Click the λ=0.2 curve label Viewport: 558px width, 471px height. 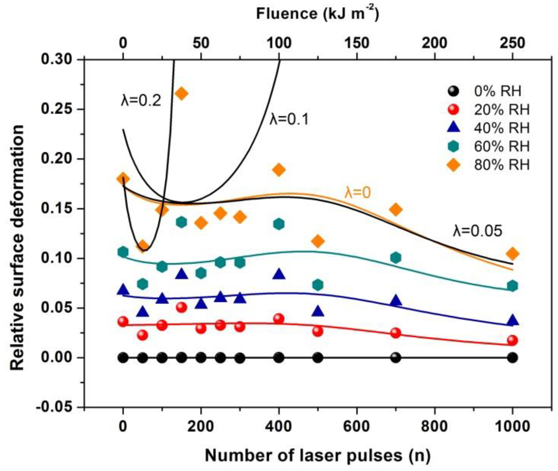141,100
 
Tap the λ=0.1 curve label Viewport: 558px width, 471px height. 289,119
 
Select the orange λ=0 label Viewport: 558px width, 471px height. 357,193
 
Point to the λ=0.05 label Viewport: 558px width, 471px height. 477,231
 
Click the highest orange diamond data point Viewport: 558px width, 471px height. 181,93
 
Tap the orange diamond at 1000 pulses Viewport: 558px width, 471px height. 512,254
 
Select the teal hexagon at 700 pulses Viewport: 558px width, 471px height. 396,258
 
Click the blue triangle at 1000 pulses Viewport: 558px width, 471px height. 512,321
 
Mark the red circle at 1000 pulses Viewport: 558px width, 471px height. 512,340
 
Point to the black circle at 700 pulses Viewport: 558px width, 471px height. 396,358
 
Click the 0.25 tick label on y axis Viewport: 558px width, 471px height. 55,109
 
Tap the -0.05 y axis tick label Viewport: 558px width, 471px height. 53,407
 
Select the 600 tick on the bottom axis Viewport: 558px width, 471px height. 356,426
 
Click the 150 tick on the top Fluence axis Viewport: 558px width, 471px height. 356,43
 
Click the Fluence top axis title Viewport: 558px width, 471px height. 317,14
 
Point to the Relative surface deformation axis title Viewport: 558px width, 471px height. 17,247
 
